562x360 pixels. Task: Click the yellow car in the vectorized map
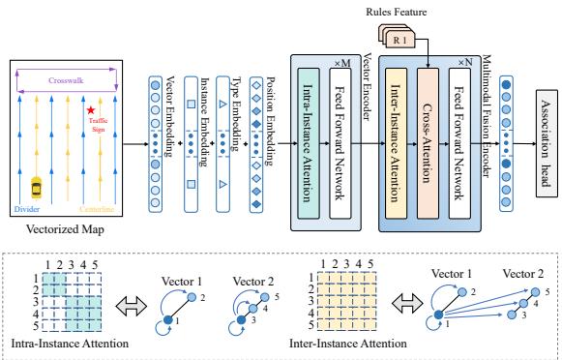point(38,186)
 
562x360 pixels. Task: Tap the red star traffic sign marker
point(91,110)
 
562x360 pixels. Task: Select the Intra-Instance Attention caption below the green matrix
point(68,343)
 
